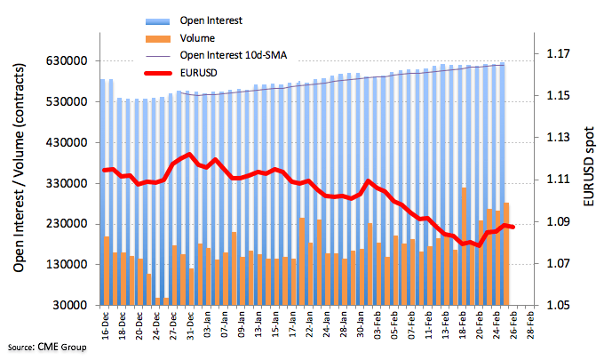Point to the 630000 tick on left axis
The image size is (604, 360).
[72, 61]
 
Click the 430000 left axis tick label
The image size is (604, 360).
[72, 143]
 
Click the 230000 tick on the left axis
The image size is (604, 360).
[72, 224]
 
